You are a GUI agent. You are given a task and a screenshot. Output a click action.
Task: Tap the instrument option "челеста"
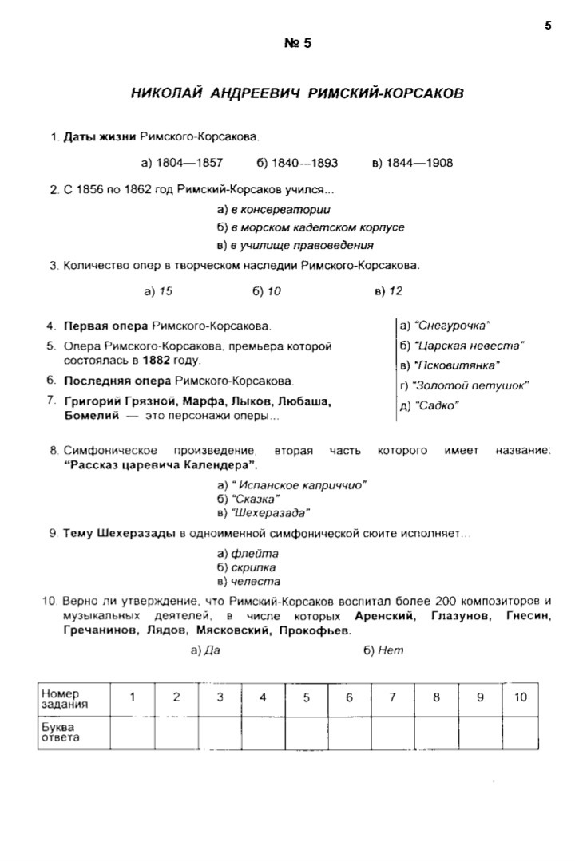click(x=255, y=582)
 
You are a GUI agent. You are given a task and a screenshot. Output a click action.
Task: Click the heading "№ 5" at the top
click(x=298, y=43)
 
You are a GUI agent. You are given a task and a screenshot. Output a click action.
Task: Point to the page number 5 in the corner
click(x=548, y=26)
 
